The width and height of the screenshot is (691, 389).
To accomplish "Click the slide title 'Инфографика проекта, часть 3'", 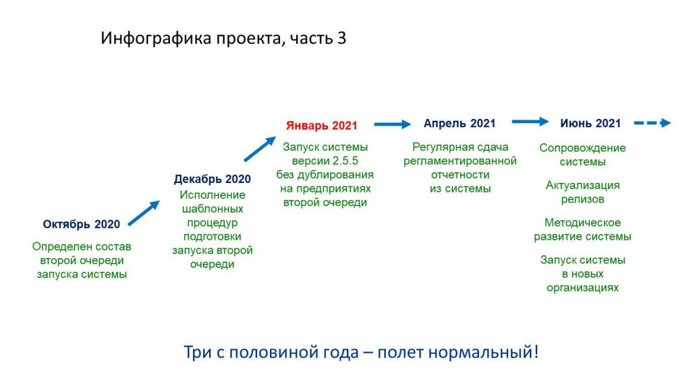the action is click(223, 38).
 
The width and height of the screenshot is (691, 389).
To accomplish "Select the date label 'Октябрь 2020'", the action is click(82, 224).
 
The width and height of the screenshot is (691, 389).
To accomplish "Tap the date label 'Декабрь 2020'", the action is click(213, 179).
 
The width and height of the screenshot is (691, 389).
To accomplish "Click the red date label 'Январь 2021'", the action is click(322, 126).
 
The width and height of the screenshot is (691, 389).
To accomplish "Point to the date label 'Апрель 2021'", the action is click(460, 124).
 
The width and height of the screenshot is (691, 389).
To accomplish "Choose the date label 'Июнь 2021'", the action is click(590, 124).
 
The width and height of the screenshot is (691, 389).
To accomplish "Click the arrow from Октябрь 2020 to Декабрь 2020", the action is click(144, 213).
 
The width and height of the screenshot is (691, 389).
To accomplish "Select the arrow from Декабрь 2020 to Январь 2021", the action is click(260, 149).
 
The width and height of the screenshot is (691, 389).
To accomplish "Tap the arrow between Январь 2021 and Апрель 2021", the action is click(393, 124).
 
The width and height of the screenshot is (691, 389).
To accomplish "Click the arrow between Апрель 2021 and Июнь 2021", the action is click(530, 122).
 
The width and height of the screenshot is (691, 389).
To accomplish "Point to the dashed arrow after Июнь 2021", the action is click(653, 123).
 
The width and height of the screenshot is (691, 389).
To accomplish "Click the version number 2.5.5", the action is click(345, 161).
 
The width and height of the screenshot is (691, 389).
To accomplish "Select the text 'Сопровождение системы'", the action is click(582, 155).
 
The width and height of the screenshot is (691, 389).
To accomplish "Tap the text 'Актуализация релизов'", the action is click(582, 192).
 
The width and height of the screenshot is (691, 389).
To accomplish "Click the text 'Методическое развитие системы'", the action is click(582, 230).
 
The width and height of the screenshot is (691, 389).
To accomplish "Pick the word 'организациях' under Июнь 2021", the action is click(582, 288).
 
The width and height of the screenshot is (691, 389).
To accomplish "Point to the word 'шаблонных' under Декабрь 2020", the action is click(213, 209).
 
